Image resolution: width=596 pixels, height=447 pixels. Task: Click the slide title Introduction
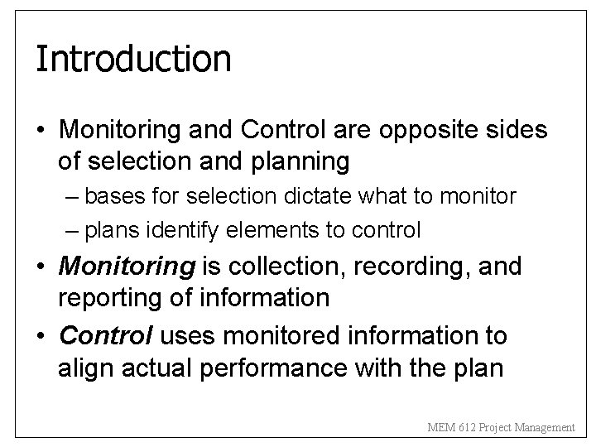[132, 59]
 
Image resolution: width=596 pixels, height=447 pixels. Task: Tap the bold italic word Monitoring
[127, 267]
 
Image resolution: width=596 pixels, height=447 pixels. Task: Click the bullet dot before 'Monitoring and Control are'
[41, 131]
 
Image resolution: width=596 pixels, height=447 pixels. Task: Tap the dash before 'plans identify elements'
[72, 228]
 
